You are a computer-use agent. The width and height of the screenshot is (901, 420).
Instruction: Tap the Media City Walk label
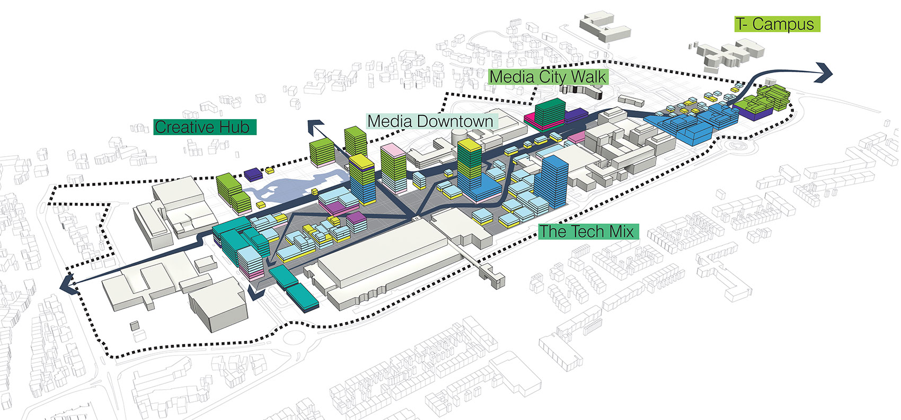(547, 77)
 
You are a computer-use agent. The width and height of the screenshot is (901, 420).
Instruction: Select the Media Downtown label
(430, 121)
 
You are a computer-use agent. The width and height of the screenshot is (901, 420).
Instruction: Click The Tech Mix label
(586, 231)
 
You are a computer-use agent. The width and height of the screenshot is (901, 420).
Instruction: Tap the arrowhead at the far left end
(67, 285)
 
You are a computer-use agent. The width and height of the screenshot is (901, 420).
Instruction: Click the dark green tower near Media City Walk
(551, 112)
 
